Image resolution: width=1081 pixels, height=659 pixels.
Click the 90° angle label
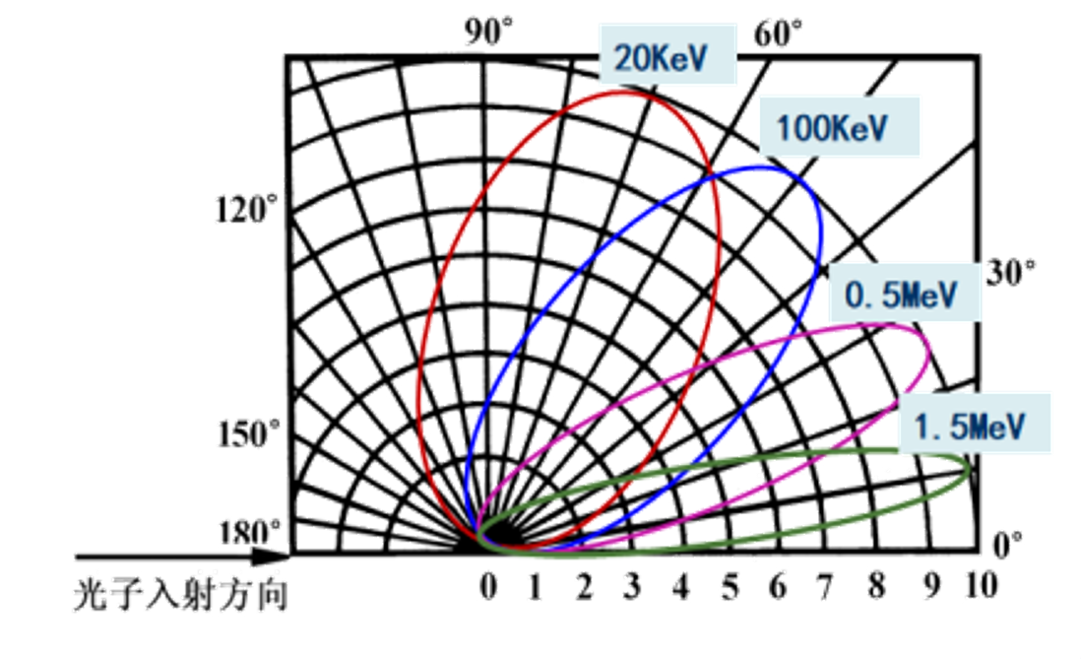(x=489, y=33)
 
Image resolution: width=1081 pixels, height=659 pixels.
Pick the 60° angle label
(x=778, y=34)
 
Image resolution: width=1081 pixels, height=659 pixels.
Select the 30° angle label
(x=1011, y=273)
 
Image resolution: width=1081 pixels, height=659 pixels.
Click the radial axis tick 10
(x=980, y=586)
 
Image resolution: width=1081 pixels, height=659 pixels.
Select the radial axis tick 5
(x=730, y=586)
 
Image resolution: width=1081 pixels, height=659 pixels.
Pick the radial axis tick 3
(x=632, y=586)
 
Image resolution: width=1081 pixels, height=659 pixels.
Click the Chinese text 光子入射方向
(x=182, y=596)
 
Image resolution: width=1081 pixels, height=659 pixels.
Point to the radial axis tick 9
(x=930, y=586)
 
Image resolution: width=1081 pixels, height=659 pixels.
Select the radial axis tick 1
(x=536, y=586)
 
